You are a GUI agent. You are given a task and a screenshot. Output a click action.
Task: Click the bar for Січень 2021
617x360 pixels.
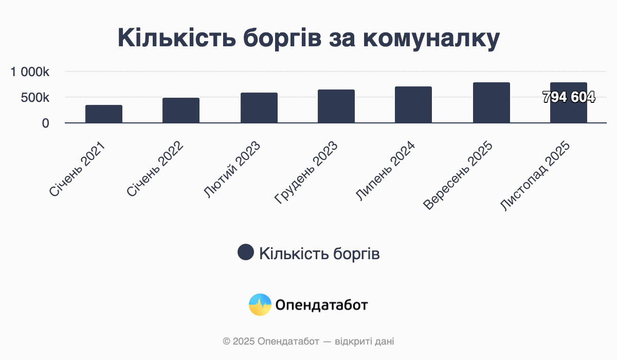point(104,114)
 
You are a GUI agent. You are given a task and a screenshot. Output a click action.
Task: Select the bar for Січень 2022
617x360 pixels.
point(181,110)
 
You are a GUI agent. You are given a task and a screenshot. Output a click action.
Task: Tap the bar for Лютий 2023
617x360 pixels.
point(259,107)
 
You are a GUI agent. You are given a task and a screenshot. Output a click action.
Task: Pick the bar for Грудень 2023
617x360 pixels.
point(336,106)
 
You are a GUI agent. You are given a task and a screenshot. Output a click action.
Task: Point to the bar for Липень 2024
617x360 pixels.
point(413,104)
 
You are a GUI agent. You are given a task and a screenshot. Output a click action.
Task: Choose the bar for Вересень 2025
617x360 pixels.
point(491,102)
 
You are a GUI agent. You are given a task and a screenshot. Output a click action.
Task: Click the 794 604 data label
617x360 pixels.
point(569,97)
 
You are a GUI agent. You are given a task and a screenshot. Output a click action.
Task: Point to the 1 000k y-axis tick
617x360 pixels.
point(30,72)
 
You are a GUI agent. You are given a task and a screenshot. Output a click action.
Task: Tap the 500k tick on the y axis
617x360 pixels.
point(35,98)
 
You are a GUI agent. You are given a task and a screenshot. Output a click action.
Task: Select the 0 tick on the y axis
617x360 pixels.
point(46,123)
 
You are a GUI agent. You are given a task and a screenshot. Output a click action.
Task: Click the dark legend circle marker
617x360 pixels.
point(246,253)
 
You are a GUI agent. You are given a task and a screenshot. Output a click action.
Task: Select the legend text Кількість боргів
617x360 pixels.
point(319,253)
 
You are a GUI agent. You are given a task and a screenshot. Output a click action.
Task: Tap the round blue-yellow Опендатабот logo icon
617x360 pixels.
point(260,305)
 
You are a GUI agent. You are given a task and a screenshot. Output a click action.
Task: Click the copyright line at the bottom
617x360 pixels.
point(308,341)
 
